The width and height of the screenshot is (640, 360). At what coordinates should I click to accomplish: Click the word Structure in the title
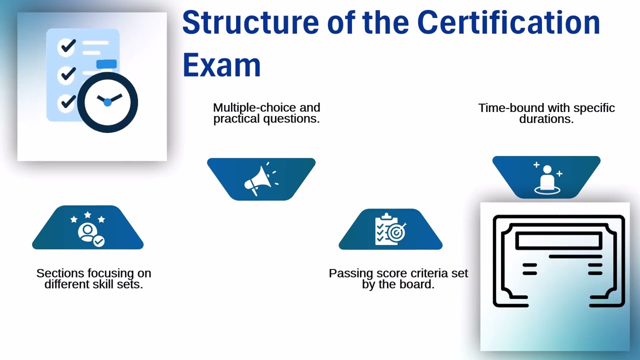pyautogui.click(x=250, y=23)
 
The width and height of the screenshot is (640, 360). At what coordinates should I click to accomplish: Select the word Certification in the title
pyautogui.click(x=508, y=23)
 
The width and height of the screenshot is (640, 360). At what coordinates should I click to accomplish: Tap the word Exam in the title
pyautogui.click(x=221, y=65)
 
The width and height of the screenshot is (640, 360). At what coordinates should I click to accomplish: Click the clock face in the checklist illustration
pyautogui.click(x=107, y=102)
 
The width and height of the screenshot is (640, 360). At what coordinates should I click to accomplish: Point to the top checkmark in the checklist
pyautogui.click(x=67, y=47)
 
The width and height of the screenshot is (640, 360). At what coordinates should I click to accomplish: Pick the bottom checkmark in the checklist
pyautogui.click(x=67, y=102)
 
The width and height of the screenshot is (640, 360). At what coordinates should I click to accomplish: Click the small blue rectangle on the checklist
pyautogui.click(x=106, y=64)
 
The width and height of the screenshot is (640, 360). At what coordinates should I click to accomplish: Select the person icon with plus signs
pyautogui.click(x=547, y=178)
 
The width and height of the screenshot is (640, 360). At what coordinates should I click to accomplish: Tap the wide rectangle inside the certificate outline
pyautogui.click(x=558, y=240)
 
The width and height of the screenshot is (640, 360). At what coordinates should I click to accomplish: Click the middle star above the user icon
pyautogui.click(x=87, y=215)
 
